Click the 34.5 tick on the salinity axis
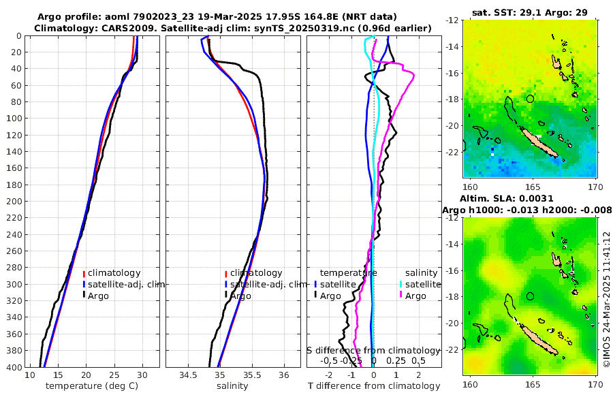188,375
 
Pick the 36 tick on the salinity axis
284,375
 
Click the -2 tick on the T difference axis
329,375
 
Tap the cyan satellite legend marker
401,284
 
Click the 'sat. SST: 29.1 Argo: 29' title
529,12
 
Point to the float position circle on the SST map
531,99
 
